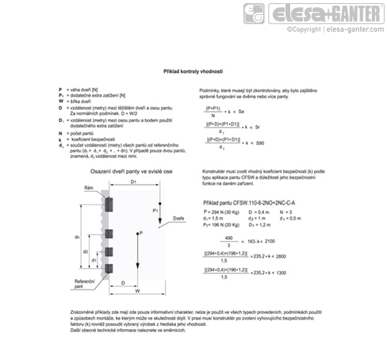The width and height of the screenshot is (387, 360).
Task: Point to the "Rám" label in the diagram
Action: (x=89, y=188)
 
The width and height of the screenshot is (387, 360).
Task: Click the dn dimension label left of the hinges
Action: (x=76, y=236)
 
